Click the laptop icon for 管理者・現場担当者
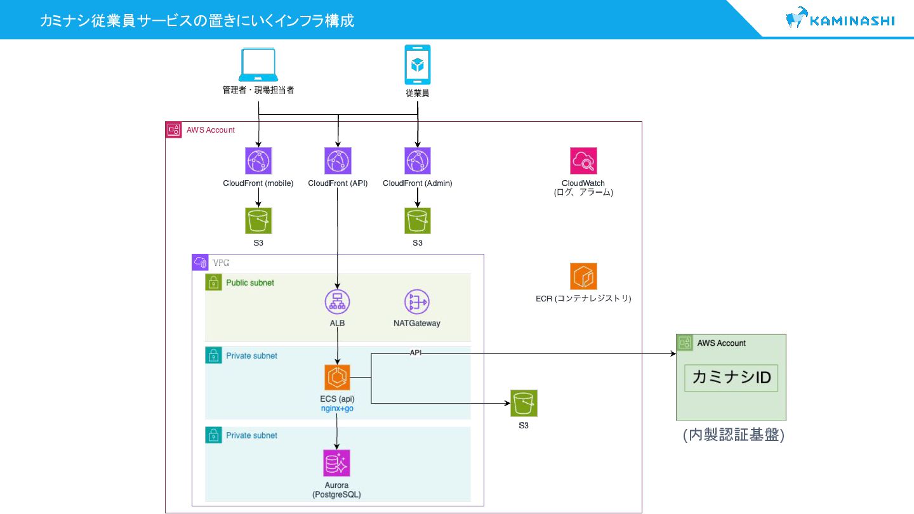click(258, 65)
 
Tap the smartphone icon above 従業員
click(418, 65)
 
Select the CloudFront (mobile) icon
click(258, 161)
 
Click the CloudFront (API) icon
click(338, 161)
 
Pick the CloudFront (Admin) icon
click(418, 161)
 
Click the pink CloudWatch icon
click(583, 161)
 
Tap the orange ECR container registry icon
click(583, 276)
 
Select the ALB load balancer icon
click(337, 302)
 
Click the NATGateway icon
click(416, 302)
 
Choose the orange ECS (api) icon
click(337, 378)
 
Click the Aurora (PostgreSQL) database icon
click(336, 463)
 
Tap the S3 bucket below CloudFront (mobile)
click(258, 221)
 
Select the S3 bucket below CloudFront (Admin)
click(418, 221)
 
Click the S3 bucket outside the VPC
click(524, 403)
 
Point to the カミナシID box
click(731, 378)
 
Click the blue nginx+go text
click(337, 409)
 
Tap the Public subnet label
click(249, 283)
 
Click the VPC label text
click(221, 263)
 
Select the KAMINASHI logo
click(840, 18)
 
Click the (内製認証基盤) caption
click(733, 435)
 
